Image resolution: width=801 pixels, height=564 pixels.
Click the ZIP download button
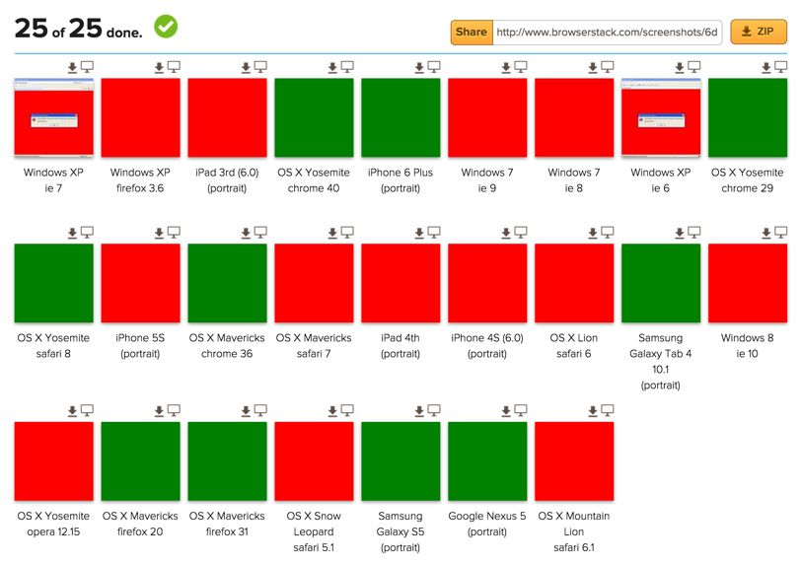758,33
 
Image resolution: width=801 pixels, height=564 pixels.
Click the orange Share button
472,33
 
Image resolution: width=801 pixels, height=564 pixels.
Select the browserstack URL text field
607,33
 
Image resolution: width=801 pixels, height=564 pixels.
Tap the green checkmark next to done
166,27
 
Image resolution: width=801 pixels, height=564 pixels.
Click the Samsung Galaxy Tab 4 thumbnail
661,283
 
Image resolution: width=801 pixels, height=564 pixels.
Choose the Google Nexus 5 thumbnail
487,460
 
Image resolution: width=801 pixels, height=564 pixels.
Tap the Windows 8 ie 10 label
747,345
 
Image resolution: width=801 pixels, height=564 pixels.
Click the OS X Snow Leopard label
314,531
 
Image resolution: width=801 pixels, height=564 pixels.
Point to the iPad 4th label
400,345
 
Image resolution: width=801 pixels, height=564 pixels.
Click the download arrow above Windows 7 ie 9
506,67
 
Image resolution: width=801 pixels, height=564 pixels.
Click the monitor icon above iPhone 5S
174,233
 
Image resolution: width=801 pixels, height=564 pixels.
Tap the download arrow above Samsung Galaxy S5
419,410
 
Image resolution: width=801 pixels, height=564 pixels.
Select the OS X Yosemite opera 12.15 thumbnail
53,460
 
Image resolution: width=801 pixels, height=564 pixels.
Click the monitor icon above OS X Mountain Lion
608,410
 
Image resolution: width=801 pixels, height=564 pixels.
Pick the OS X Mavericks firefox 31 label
227,524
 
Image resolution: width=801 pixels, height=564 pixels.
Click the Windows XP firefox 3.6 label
140,179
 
